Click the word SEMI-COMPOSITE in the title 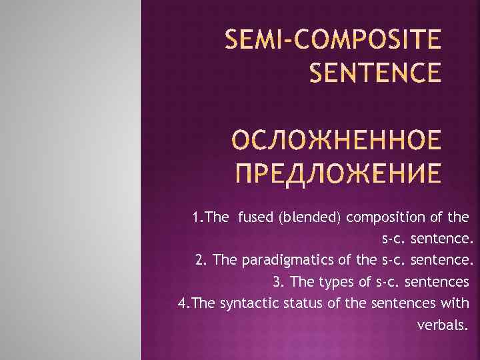[333, 41]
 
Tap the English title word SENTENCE [375, 73]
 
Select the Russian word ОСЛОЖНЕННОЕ [339, 141]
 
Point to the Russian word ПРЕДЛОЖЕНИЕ [339, 173]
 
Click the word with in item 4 [457, 303]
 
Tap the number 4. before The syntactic [183, 303]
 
